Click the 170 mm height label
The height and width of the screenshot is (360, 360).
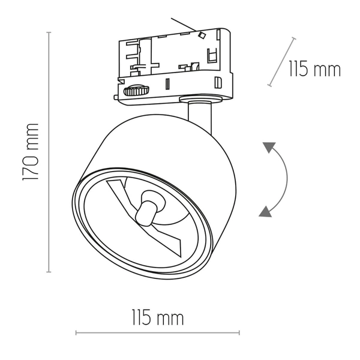click(x=31, y=152)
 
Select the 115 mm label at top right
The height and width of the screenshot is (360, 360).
click(x=314, y=69)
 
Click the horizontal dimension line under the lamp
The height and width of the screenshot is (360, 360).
click(x=157, y=332)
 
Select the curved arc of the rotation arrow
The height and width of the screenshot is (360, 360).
click(x=286, y=178)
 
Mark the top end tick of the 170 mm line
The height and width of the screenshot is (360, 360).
click(x=49, y=32)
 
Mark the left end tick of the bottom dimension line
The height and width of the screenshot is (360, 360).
click(x=76, y=332)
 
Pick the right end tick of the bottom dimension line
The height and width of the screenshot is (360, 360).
click(x=239, y=332)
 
